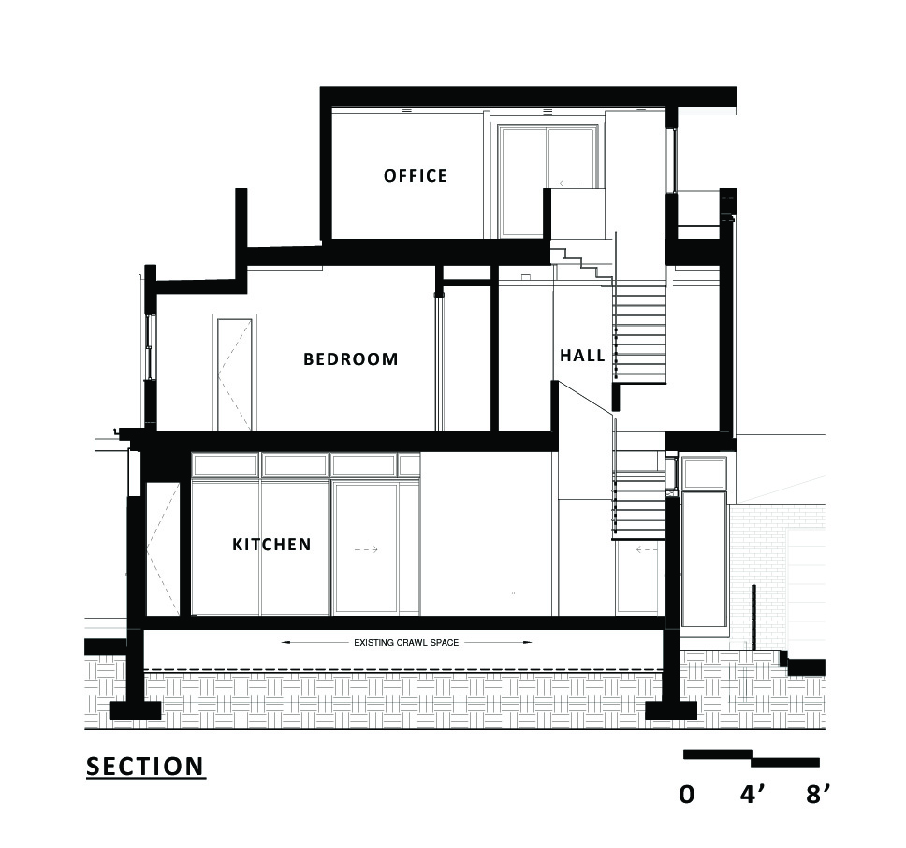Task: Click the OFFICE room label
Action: pyautogui.click(x=416, y=176)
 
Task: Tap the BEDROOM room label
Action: pyautogui.click(x=351, y=359)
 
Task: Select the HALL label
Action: pyautogui.click(x=582, y=356)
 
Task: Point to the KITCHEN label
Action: pyautogui.click(x=271, y=544)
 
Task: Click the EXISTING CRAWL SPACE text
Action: pyautogui.click(x=407, y=643)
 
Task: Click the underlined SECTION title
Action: pyautogui.click(x=145, y=767)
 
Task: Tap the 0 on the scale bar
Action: pyautogui.click(x=687, y=795)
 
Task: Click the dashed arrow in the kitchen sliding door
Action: pyautogui.click(x=366, y=550)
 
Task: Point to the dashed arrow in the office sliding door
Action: pyautogui.click(x=572, y=183)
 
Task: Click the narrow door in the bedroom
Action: pyautogui.click(x=235, y=373)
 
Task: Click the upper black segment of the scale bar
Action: pyautogui.click(x=718, y=753)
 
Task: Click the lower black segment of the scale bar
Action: pyautogui.click(x=786, y=762)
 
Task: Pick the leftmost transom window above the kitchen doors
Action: pyautogui.click(x=225, y=465)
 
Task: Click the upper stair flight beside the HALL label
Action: pyautogui.click(x=640, y=332)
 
